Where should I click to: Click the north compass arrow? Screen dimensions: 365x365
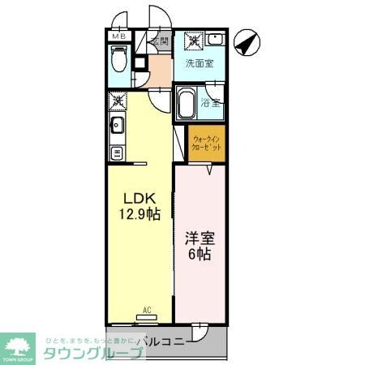point(246,41)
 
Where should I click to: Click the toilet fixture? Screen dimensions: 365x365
point(118,61)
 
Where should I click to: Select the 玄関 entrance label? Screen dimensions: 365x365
point(159,41)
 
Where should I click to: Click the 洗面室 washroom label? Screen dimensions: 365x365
point(199,63)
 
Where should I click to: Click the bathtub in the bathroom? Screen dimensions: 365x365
point(187,103)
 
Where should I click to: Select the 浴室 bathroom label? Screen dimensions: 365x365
point(210,103)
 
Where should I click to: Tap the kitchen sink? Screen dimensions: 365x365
point(116,126)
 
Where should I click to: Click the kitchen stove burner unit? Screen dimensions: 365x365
point(116,152)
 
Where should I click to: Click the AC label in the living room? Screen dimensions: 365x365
point(148,308)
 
